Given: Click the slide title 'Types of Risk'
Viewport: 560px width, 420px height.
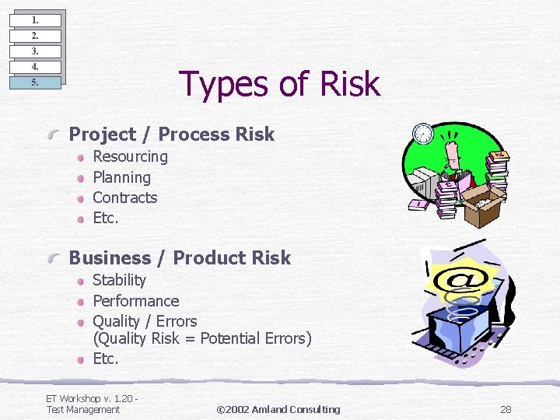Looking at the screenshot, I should coord(279,84).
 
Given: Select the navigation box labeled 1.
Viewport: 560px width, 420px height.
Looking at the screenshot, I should coord(35,20).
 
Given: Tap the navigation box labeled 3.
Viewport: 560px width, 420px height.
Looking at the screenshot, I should coord(35,51).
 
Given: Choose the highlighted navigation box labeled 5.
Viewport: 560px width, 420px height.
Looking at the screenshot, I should coord(35,82).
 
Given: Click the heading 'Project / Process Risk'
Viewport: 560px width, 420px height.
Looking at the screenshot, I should coord(171,135).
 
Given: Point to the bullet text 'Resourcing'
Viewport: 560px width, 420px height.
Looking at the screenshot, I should coord(130,156).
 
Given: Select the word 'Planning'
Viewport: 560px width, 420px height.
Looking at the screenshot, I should coord(121,177).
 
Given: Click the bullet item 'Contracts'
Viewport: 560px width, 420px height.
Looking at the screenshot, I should coord(124,198).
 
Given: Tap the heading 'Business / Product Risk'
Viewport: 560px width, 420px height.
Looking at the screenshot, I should coord(180,258).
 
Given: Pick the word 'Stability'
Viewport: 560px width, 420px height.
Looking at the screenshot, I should coord(119,280).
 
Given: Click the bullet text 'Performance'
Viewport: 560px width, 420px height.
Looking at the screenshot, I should coord(135,301).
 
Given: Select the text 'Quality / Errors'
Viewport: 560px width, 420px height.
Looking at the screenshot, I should coord(145,321).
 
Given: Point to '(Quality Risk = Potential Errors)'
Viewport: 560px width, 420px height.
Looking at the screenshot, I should coord(201,338).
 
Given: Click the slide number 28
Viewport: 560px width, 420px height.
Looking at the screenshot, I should coord(506,409).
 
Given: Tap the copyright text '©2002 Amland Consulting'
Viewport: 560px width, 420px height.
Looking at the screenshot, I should coord(278,409).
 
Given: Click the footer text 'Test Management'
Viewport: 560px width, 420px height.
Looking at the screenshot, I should coord(83,409).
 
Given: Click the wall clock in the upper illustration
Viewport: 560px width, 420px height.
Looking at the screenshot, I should coord(423,133).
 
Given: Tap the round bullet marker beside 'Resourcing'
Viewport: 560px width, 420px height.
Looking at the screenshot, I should coord(80,157).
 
